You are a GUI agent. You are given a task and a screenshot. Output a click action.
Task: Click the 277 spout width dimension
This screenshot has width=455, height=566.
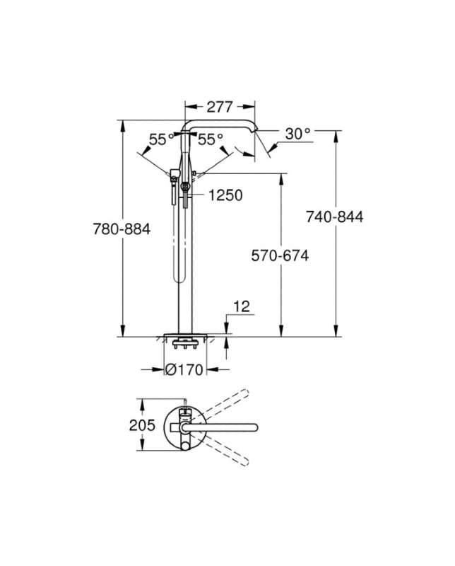(x=220, y=107)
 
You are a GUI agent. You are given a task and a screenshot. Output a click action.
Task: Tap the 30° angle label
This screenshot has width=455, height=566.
(x=298, y=134)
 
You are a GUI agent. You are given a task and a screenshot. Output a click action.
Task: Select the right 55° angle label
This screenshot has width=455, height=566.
(x=211, y=139)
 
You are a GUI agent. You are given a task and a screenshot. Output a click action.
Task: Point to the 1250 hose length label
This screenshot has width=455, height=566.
(x=225, y=195)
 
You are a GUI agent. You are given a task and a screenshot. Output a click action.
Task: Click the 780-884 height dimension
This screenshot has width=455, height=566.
(x=122, y=229)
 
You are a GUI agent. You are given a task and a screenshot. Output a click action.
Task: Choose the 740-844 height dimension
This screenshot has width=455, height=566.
(x=335, y=217)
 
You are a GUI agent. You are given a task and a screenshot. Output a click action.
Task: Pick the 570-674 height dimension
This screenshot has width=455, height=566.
(x=280, y=256)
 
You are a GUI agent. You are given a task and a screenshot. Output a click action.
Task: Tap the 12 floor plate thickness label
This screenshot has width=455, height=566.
(x=242, y=306)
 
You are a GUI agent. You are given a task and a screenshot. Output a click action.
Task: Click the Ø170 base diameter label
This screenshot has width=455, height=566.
(x=184, y=369)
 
